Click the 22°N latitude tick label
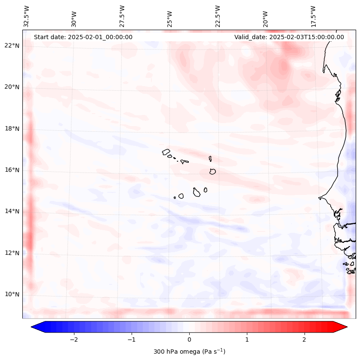click(11, 46)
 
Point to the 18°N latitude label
click(11, 129)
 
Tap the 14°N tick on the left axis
click(11, 211)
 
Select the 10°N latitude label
click(11, 294)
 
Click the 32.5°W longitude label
click(27, 16)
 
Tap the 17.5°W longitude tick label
click(313, 16)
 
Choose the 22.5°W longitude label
click(218, 16)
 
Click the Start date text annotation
click(83, 37)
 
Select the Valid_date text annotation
click(289, 37)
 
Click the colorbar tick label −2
click(74, 339)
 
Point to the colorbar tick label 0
click(189, 339)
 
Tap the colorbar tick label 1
click(247, 339)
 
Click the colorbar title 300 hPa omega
click(189, 352)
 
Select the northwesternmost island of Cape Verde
click(166, 151)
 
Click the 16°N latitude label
click(11, 170)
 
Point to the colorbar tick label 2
click(305, 339)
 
